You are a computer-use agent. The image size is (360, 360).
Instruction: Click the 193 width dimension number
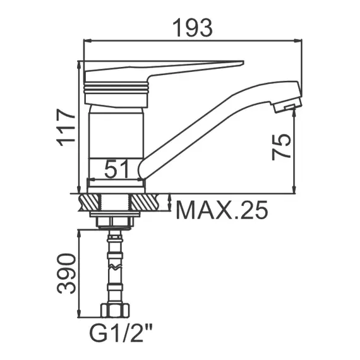pos(193,28)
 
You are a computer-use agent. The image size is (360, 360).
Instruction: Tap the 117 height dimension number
pos(66,127)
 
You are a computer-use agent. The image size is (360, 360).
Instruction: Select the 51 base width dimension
pos(116,169)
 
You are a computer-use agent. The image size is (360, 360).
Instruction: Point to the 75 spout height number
pos(282,147)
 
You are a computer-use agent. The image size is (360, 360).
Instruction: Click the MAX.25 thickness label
pos(222,210)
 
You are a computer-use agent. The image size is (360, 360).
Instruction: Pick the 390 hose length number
pos(66,273)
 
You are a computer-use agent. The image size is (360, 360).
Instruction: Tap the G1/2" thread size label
pos(121,335)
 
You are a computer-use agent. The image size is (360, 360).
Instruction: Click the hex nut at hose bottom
pos(115,310)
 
